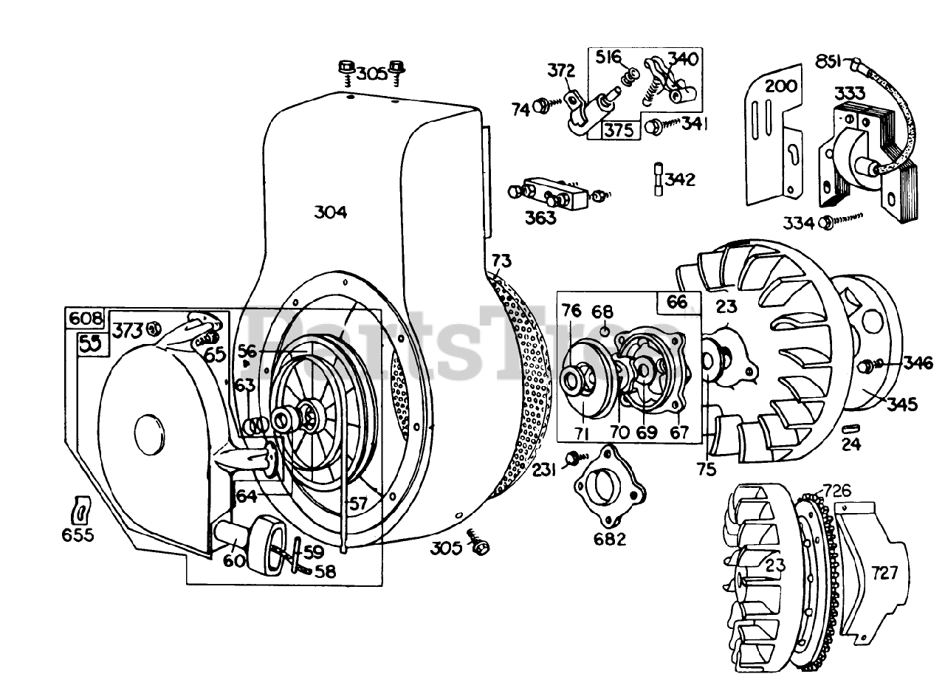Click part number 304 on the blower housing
[x=330, y=213]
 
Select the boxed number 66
[x=676, y=302]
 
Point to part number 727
[x=884, y=572]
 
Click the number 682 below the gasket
[x=610, y=539]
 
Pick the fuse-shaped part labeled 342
[x=658, y=179]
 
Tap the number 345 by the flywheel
[x=902, y=404]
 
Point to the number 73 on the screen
[x=501, y=261]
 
